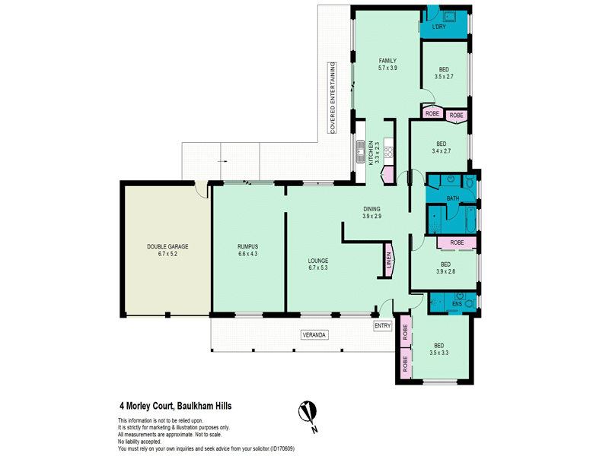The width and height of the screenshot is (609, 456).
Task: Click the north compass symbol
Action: [308, 412]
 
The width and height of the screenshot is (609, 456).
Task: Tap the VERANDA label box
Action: [314, 334]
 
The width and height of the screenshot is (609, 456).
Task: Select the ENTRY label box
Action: [383, 326]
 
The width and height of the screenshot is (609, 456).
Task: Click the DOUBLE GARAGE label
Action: [167, 246]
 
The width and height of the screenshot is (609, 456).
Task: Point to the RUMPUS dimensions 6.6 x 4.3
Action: [248, 254]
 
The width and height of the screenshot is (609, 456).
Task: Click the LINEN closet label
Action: [389, 260]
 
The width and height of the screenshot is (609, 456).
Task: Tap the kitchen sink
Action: [360, 151]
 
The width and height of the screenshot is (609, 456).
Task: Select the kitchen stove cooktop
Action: [388, 147]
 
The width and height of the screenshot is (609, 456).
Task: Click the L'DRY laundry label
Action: [439, 27]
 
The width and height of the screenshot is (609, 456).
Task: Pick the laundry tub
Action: [450, 16]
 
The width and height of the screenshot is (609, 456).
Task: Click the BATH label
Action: [453, 198]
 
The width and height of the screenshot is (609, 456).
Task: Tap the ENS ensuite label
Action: [458, 304]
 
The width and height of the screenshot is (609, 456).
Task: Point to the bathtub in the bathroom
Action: [470, 220]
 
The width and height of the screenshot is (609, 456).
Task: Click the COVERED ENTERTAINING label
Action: [333, 98]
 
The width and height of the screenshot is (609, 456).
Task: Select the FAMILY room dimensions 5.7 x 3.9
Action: [387, 68]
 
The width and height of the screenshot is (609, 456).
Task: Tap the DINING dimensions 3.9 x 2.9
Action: [371, 217]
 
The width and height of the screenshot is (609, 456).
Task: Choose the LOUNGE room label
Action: [318, 261]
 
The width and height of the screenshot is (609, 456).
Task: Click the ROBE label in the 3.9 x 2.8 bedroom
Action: [458, 242]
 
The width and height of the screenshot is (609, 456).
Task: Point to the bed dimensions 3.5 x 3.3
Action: [439, 353]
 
